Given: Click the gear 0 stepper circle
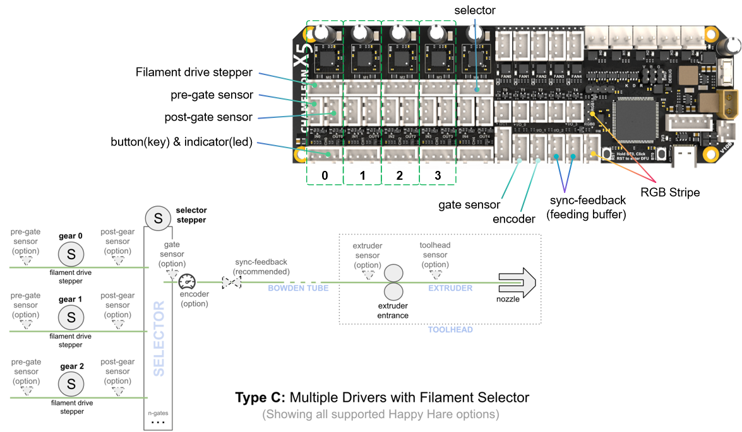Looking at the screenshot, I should pos(71,254).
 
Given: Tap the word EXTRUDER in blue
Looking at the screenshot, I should pos(450,288).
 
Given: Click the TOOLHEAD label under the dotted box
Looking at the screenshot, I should pos(450,329).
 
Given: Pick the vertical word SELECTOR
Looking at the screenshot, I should pos(159,338).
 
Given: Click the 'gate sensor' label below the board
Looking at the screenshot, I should pos(469,204).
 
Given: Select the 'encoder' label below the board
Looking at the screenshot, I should pos(514,219).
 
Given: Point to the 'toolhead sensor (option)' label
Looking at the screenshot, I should pos(435,255).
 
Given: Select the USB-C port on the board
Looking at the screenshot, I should pos(685,158).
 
